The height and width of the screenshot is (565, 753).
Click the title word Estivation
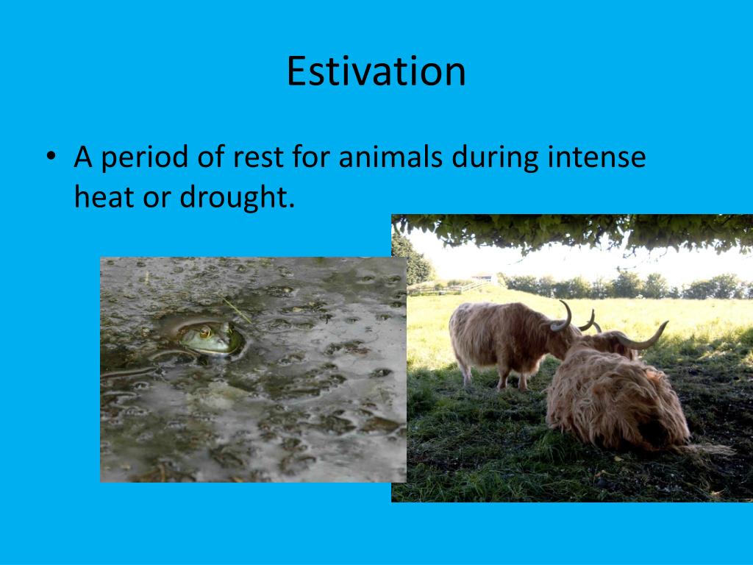376,71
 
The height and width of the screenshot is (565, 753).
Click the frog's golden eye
205,333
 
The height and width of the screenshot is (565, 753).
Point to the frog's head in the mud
210,338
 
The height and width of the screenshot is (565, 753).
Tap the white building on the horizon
482,279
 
